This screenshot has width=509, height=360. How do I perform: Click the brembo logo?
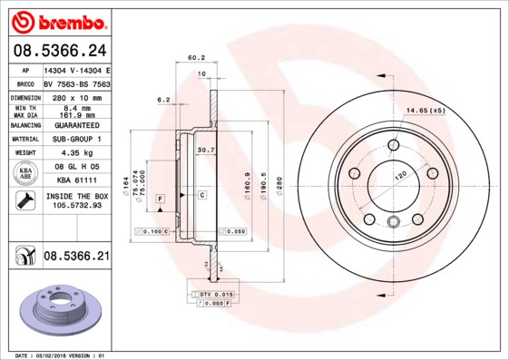click(59, 20)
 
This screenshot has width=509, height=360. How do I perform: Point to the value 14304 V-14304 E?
click(77, 70)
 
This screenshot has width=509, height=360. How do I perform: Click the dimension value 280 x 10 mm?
click(76, 96)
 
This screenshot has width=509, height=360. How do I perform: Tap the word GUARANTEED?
click(76, 125)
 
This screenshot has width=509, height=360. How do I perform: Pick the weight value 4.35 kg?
click(76, 153)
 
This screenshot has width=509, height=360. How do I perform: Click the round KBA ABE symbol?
click(25, 174)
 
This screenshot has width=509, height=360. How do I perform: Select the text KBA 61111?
click(76, 181)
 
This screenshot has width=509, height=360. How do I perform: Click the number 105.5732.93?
click(76, 206)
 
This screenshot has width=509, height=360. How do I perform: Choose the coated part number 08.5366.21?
click(76, 257)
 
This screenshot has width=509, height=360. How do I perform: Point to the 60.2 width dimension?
click(196, 58)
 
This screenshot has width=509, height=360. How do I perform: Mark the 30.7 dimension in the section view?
click(205, 150)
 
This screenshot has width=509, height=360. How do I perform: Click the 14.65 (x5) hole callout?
click(426, 110)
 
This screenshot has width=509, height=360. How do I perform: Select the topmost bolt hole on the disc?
click(394, 145)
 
